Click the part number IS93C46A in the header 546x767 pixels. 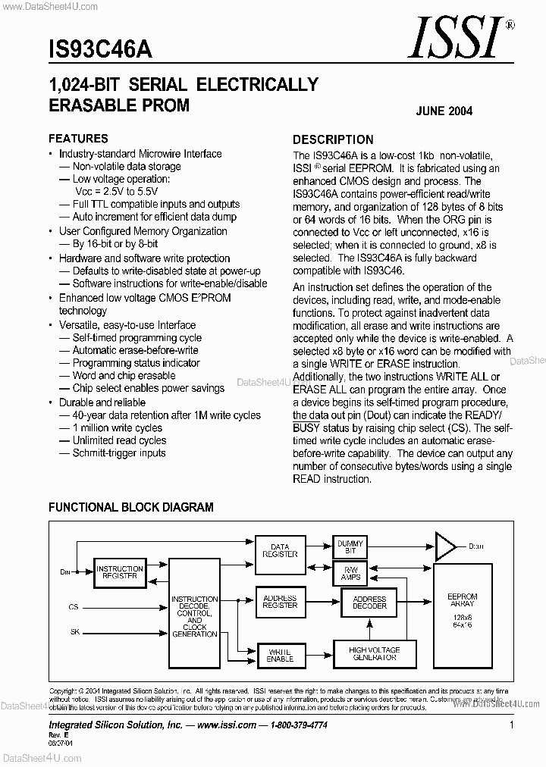click(100, 50)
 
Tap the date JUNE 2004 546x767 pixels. click(444, 111)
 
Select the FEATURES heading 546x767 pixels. click(78, 139)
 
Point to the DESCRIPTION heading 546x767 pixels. click(333, 139)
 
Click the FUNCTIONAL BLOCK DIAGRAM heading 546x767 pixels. click(131, 507)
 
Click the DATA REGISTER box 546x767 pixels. click(280, 551)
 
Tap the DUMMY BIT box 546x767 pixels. click(350, 547)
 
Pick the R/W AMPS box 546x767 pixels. click(350, 574)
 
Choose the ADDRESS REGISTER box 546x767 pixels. click(280, 601)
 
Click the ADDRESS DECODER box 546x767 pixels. click(369, 603)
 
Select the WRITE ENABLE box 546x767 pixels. click(280, 655)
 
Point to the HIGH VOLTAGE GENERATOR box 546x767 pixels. click(374, 653)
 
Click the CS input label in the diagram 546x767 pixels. click(74, 607)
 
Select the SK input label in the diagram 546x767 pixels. click(74, 631)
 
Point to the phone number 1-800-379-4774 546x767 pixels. click(298, 725)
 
